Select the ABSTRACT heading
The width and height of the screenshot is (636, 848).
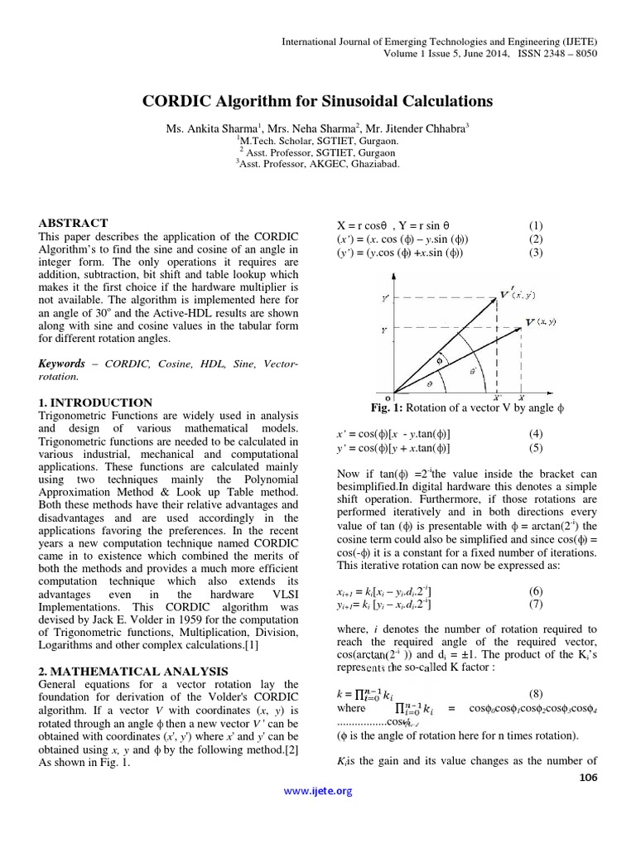pyautogui.click(x=74, y=223)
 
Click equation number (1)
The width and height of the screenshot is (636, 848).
pyautogui.click(x=536, y=226)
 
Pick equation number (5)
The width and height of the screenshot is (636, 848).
pyautogui.click(x=536, y=448)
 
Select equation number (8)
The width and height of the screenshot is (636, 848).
pyautogui.click(x=536, y=694)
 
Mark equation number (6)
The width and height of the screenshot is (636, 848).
pyautogui.click(x=536, y=590)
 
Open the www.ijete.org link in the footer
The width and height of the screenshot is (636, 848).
pyautogui.click(x=318, y=791)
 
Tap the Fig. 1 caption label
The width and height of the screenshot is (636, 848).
pyautogui.click(x=387, y=407)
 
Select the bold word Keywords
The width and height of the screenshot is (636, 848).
pyautogui.click(x=62, y=363)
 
